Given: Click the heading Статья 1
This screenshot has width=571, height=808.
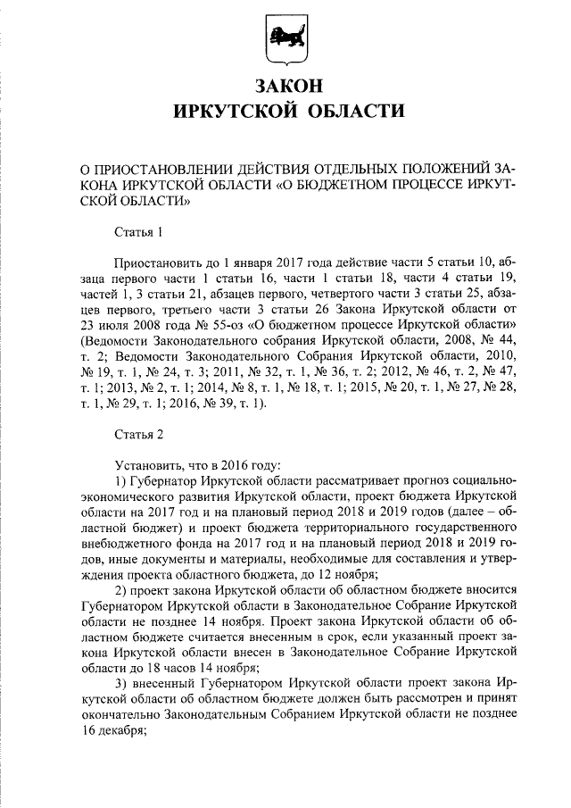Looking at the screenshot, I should click(x=140, y=234).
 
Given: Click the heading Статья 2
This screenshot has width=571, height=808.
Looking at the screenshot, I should click(x=140, y=435).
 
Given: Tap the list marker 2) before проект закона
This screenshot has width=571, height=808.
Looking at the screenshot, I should click(x=120, y=594).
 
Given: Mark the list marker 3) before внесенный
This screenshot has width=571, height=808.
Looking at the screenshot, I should click(x=120, y=691).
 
